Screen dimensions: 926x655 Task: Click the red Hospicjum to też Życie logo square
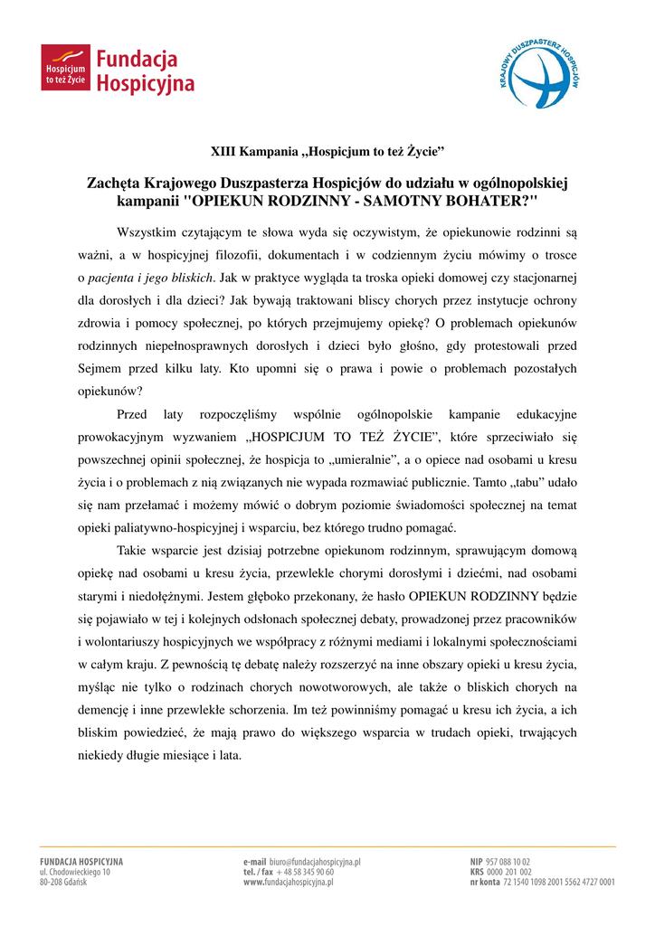pyautogui.click(x=65, y=69)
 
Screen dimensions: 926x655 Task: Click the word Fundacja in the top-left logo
pyautogui.click(x=137, y=60)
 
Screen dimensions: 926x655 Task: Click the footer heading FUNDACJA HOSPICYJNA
pyautogui.click(x=81, y=862)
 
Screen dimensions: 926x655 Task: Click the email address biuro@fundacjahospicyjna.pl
pyautogui.click(x=315, y=862)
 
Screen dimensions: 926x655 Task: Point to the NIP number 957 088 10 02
pyautogui.click(x=508, y=862)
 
